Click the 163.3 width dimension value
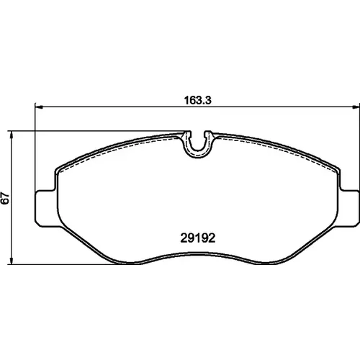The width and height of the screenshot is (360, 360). pyautogui.click(x=197, y=100)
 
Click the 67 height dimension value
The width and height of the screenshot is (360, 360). pyautogui.click(x=5, y=198)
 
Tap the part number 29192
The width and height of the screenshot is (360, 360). pyautogui.click(x=198, y=238)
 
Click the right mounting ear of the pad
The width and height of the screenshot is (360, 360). pyautogui.click(x=349, y=208)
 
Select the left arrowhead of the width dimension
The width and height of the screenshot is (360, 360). pyautogui.click(x=39, y=107)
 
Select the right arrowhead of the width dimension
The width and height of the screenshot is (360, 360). pyautogui.click(x=356, y=107)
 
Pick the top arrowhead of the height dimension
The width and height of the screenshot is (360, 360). pyautogui.click(x=11, y=135)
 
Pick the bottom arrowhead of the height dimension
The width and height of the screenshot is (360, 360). pyautogui.click(x=11, y=261)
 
